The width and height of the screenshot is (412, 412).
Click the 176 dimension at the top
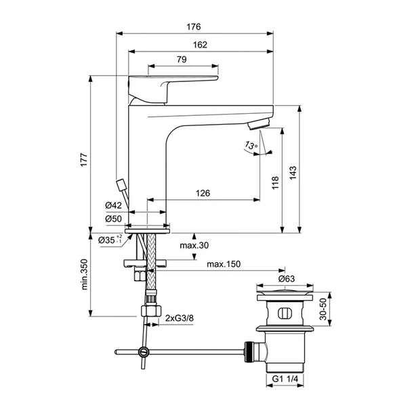(x=193, y=27)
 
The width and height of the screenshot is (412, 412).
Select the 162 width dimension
(x=199, y=44)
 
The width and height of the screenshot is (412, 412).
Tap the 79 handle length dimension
(x=182, y=60)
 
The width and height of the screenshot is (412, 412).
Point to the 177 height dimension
(x=83, y=162)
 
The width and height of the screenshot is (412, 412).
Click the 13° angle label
(x=251, y=146)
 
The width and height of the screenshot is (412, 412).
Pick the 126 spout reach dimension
(x=202, y=193)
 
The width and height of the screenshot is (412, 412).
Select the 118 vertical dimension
(x=274, y=184)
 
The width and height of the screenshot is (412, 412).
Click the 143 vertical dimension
(x=292, y=173)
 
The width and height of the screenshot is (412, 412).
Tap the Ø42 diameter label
(x=113, y=205)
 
